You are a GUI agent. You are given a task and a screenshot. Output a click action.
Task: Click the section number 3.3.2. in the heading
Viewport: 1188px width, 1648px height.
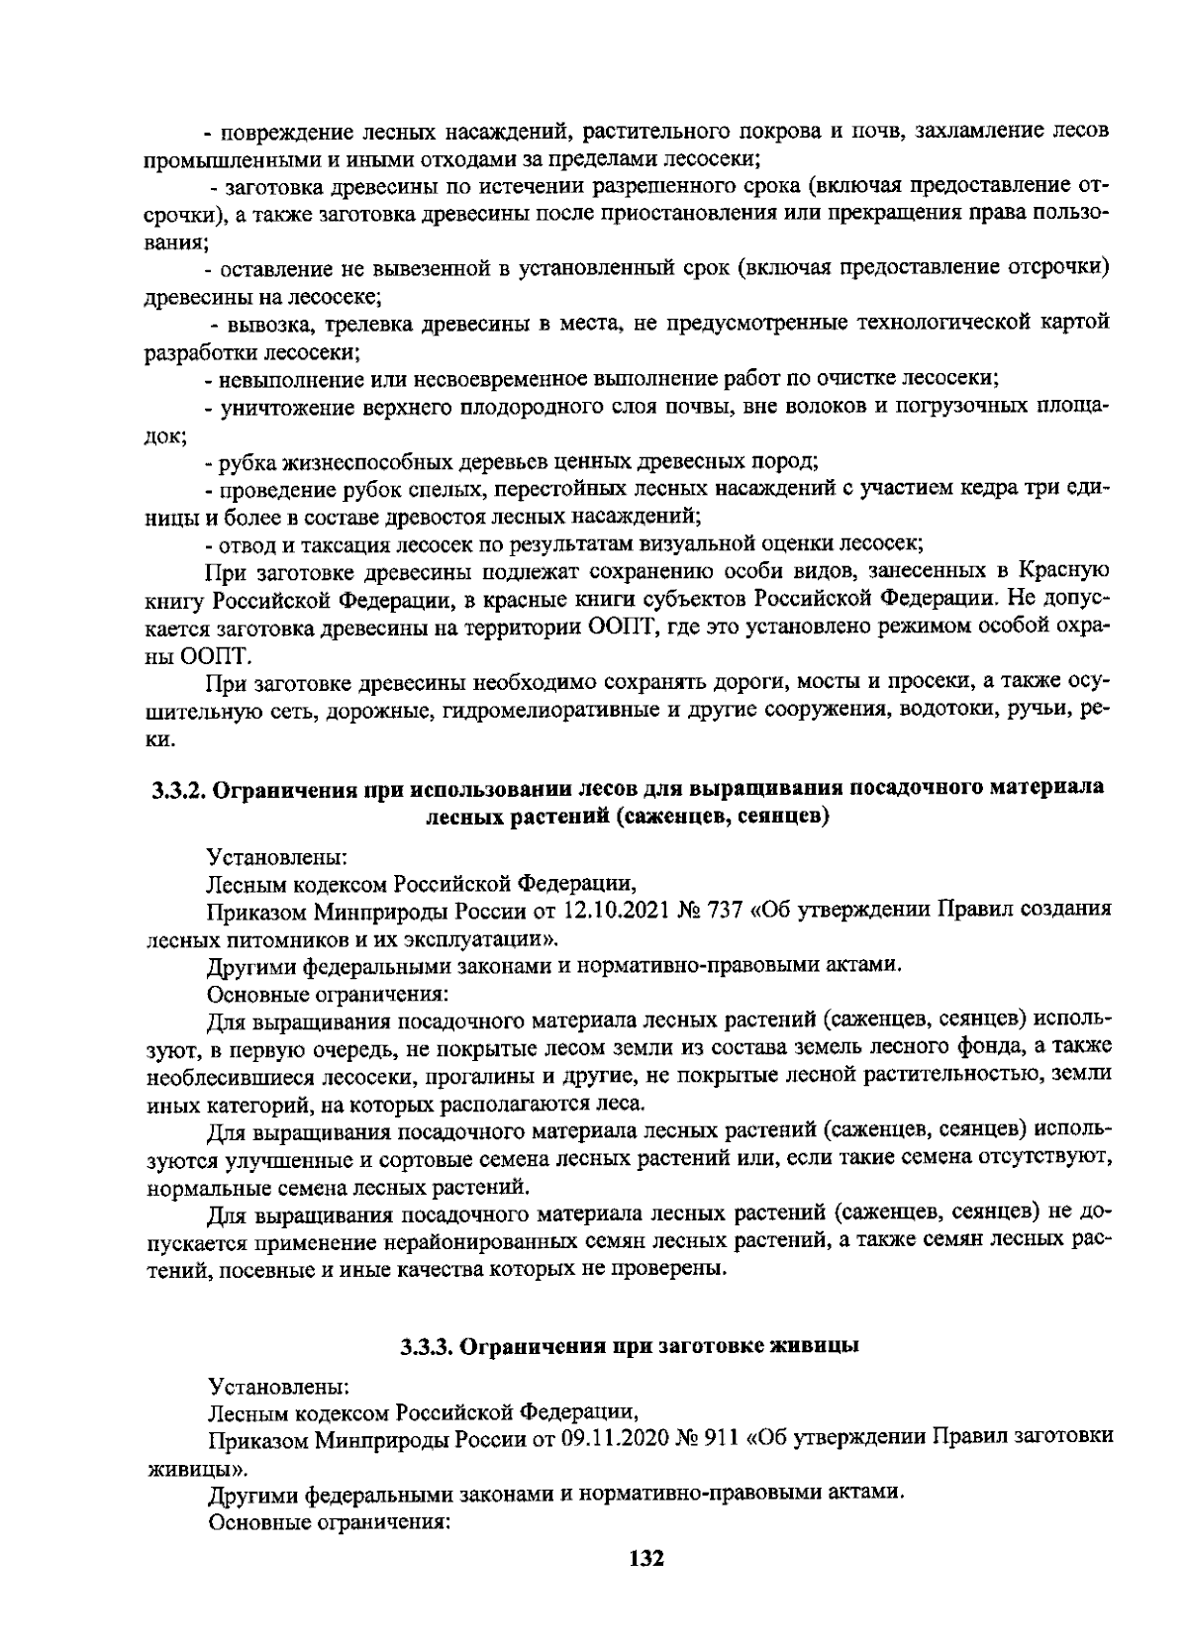point(178,789)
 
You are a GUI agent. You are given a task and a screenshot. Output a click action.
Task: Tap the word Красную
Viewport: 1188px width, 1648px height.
point(1064,571)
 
